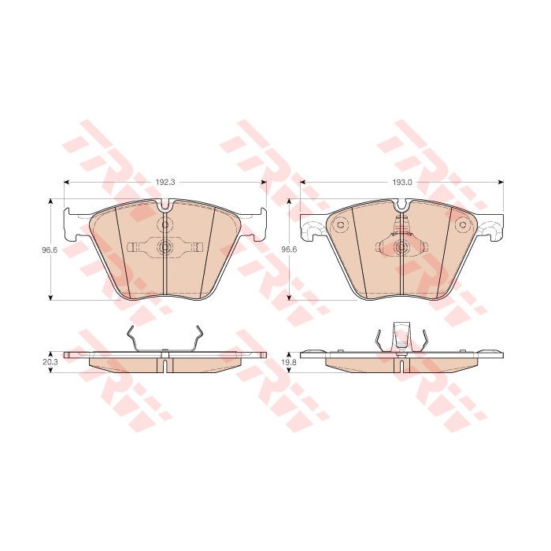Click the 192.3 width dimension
tap(165, 182)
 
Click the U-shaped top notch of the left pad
tap(165, 206)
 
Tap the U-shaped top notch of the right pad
tap(401, 206)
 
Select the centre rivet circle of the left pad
tap(165, 247)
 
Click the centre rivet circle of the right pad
tap(401, 247)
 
